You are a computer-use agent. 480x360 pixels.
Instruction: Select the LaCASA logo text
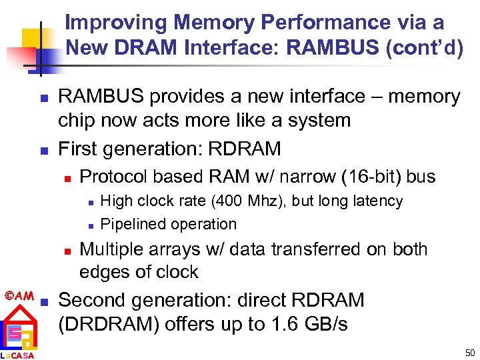coord(18,355)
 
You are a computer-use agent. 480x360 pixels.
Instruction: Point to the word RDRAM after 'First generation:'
coord(245,148)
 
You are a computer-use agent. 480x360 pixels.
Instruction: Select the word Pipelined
coord(131,224)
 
